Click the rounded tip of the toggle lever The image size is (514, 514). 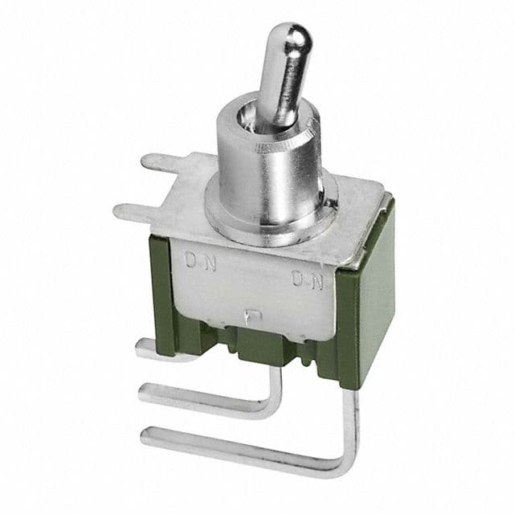[297, 37]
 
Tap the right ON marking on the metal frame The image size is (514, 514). [308, 280]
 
